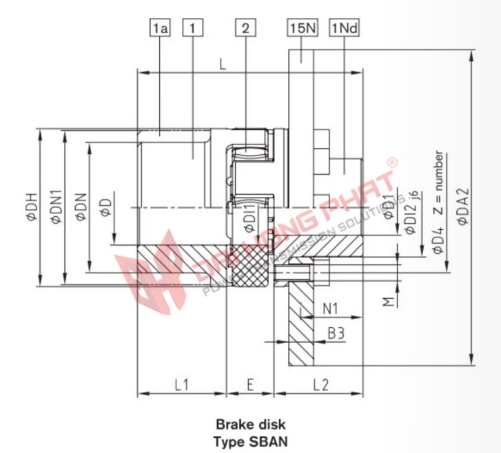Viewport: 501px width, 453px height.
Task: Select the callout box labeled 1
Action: [x=192, y=28]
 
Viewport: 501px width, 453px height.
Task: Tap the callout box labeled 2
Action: [x=245, y=28]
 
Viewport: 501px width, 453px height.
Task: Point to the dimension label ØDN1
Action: [x=57, y=207]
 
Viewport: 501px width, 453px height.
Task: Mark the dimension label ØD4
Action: [x=438, y=244]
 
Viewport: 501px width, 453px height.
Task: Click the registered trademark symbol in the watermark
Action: [x=391, y=163]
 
